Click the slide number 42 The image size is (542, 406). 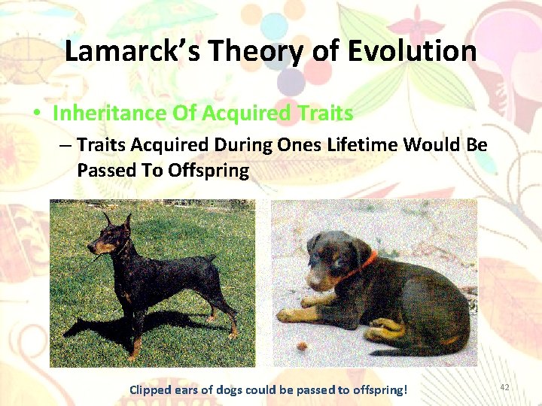pos(504,386)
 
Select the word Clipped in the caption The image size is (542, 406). pos(150,389)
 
